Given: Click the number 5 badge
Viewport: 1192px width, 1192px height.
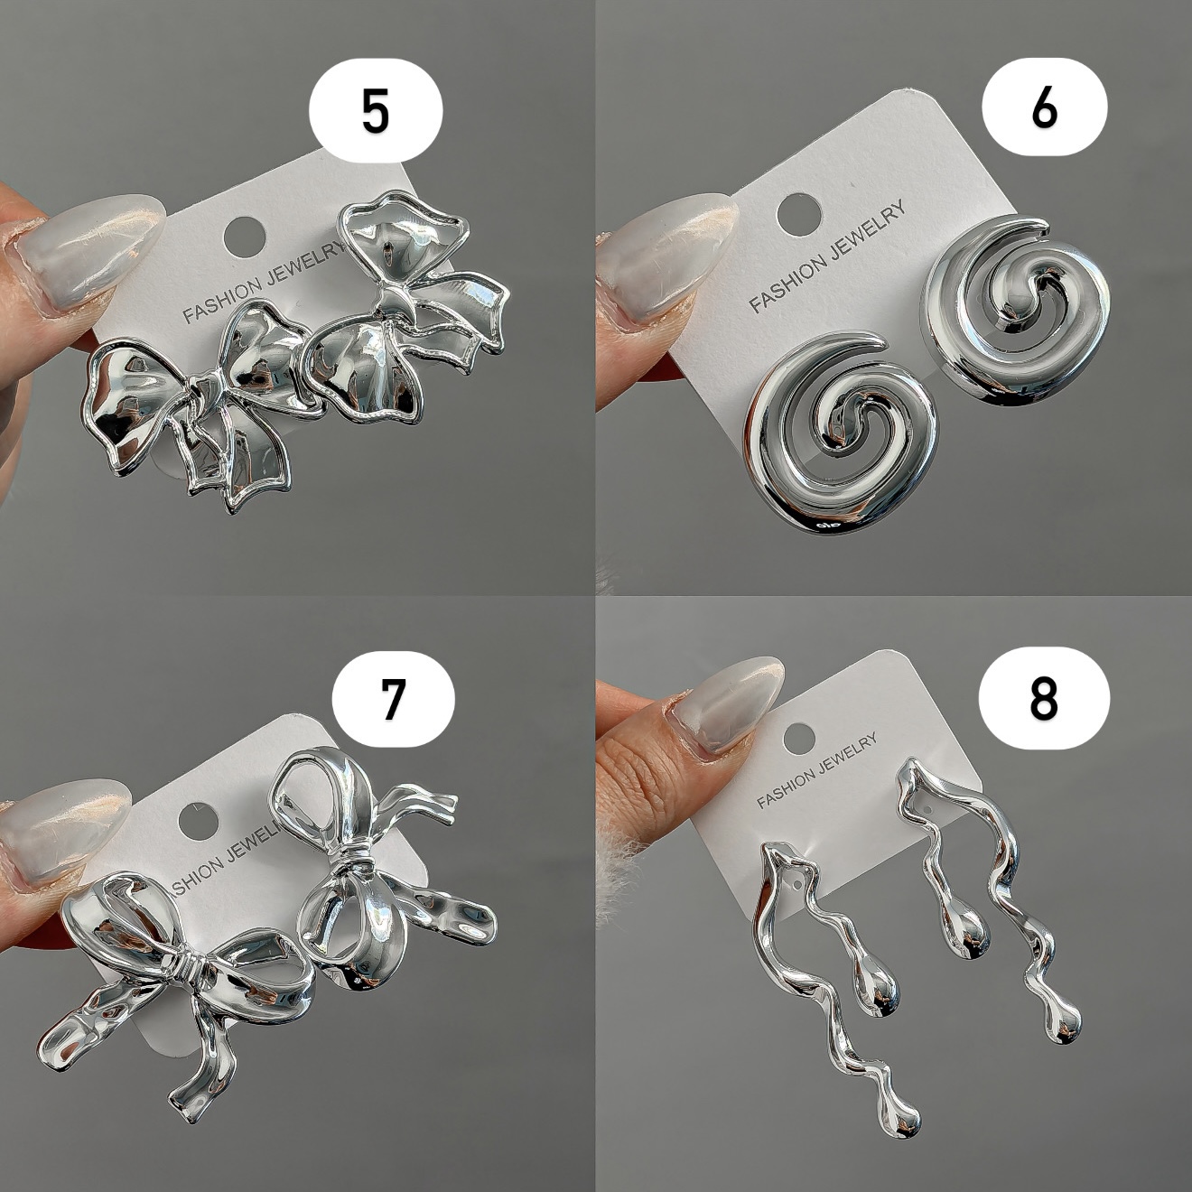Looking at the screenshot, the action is (376, 111).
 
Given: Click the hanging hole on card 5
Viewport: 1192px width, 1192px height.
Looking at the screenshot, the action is (245, 235).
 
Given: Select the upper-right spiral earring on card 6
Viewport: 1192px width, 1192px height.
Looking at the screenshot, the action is (1016, 311).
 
